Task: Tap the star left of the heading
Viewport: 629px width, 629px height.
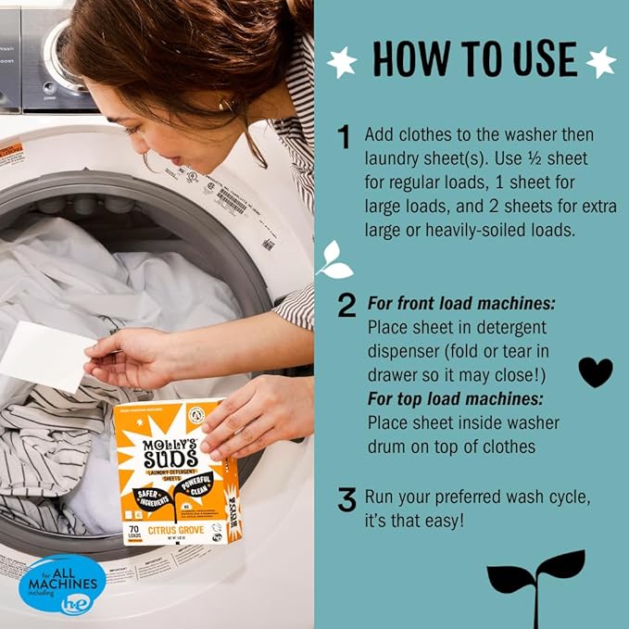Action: [342, 62]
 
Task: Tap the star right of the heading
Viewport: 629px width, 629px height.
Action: [601, 62]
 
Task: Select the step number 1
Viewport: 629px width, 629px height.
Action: [345, 138]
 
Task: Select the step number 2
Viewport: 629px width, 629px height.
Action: [346, 305]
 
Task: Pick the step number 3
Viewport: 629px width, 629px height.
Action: [346, 501]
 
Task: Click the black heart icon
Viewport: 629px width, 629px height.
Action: [595, 371]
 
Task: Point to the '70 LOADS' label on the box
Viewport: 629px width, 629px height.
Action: [135, 535]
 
